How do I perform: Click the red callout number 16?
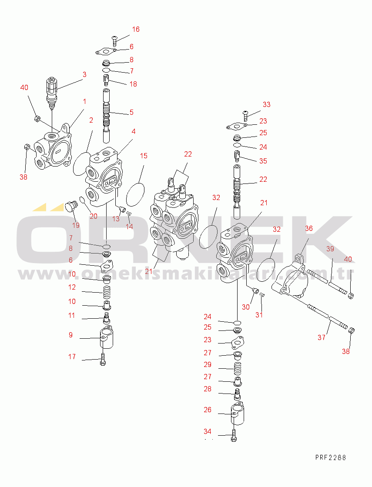(x=136, y=29)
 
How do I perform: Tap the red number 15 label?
(x=144, y=156)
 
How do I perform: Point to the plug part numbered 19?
(x=70, y=206)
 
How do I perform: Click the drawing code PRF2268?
(x=330, y=457)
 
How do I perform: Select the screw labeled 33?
(x=245, y=115)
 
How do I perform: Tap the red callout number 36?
(x=308, y=228)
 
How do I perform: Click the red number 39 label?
(x=330, y=248)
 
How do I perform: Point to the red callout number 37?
(x=322, y=337)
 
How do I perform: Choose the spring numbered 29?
(x=238, y=369)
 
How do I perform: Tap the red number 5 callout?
(x=131, y=112)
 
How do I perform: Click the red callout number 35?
(x=263, y=161)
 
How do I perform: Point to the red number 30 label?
(x=246, y=307)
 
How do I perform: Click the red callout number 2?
(x=91, y=120)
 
